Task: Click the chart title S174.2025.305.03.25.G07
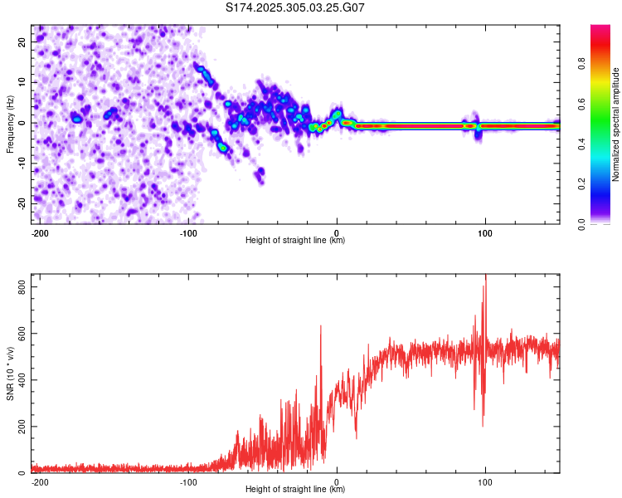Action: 295,7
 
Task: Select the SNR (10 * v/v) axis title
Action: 10,373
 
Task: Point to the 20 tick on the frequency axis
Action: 22,41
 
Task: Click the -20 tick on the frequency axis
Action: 21,203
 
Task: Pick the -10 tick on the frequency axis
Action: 21,163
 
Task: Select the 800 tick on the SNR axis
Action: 19,286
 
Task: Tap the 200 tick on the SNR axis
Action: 19,427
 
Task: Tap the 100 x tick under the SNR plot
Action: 485,481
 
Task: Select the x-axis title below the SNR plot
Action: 295,490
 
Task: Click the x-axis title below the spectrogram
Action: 295,241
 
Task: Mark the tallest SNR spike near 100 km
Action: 486,277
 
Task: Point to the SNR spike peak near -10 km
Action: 320,326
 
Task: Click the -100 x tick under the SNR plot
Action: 188,481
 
